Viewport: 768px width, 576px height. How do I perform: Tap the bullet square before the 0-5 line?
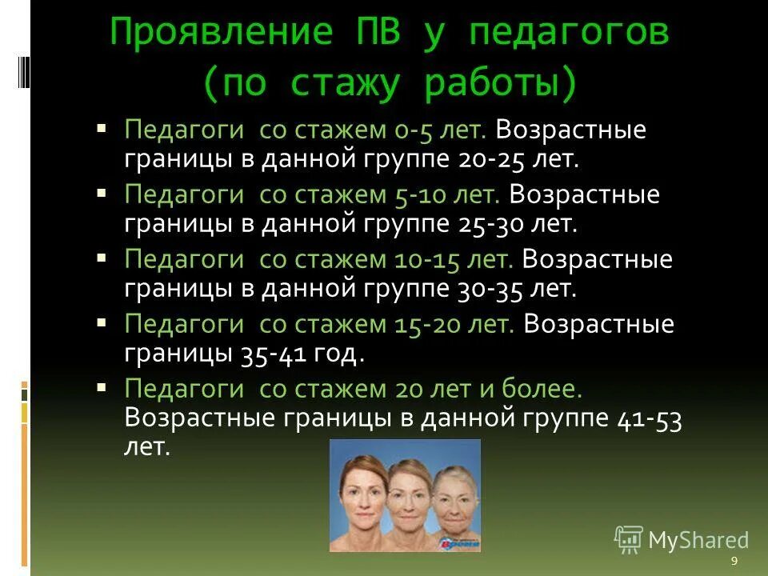[x=101, y=127]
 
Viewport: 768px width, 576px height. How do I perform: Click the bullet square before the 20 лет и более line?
[x=101, y=386]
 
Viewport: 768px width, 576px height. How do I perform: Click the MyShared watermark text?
[x=698, y=541]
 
